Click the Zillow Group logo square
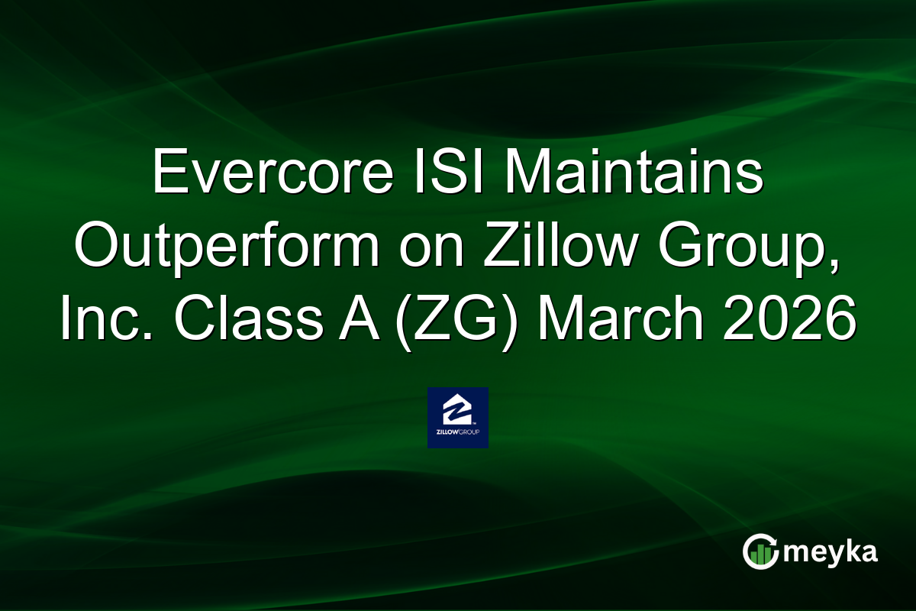[x=457, y=418]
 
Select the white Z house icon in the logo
[x=457, y=410]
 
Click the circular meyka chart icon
[x=760, y=552]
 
